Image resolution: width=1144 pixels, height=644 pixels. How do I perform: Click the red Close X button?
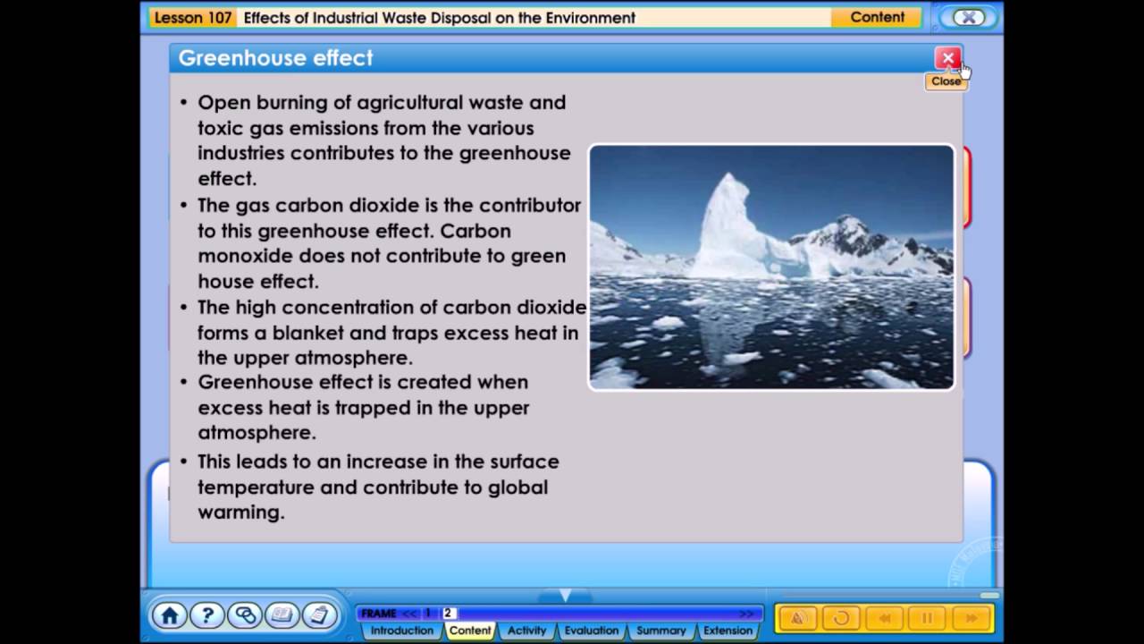click(x=947, y=59)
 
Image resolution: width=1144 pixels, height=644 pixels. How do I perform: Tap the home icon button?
click(x=170, y=615)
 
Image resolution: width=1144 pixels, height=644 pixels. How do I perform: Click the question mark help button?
click(x=207, y=615)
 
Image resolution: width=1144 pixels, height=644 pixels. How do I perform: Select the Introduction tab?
click(x=402, y=631)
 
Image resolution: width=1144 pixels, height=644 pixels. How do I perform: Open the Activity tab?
click(x=526, y=631)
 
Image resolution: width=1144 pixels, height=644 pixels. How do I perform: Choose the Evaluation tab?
click(x=591, y=631)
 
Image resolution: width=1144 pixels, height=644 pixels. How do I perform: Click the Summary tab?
click(x=660, y=631)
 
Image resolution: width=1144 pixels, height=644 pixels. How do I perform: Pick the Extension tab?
click(x=728, y=631)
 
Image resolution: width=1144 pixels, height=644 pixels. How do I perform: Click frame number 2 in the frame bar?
click(x=448, y=614)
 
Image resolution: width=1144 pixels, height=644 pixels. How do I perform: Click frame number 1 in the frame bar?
click(x=428, y=614)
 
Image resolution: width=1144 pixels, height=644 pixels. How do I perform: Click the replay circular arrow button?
click(x=841, y=617)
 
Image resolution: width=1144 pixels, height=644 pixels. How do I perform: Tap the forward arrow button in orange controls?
click(x=970, y=617)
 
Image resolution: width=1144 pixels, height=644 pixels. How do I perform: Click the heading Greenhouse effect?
click(x=275, y=58)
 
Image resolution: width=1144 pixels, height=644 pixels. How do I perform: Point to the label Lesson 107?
click(x=193, y=18)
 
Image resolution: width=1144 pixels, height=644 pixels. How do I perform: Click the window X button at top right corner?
click(x=968, y=18)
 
